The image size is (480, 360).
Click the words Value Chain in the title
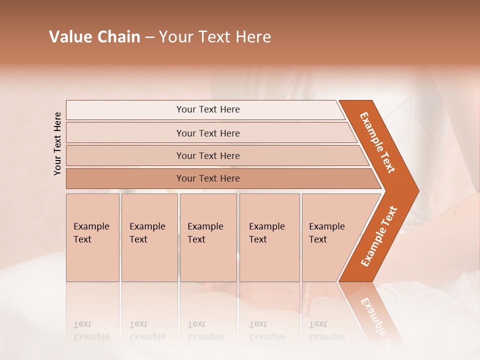(x=94, y=37)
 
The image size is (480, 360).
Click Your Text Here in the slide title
(x=215, y=37)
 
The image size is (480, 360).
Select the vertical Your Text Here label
(x=57, y=143)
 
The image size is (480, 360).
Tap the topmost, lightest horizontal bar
(x=208, y=109)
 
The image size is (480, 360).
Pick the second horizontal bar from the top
(x=208, y=133)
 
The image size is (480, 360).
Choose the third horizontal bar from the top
(x=208, y=155)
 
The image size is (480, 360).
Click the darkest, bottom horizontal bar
(x=208, y=178)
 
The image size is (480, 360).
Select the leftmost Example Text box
(x=92, y=237)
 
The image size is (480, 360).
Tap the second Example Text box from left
(x=149, y=237)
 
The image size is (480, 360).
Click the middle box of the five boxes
(x=208, y=237)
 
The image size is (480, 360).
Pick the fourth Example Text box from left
(x=269, y=237)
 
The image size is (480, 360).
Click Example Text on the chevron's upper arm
(x=378, y=142)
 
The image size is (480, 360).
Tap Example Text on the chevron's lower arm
(x=379, y=236)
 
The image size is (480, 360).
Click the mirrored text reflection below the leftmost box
(x=91, y=330)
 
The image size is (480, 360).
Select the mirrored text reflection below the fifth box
(x=326, y=330)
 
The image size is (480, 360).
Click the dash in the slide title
(x=149, y=37)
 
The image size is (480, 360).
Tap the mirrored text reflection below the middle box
(x=205, y=330)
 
